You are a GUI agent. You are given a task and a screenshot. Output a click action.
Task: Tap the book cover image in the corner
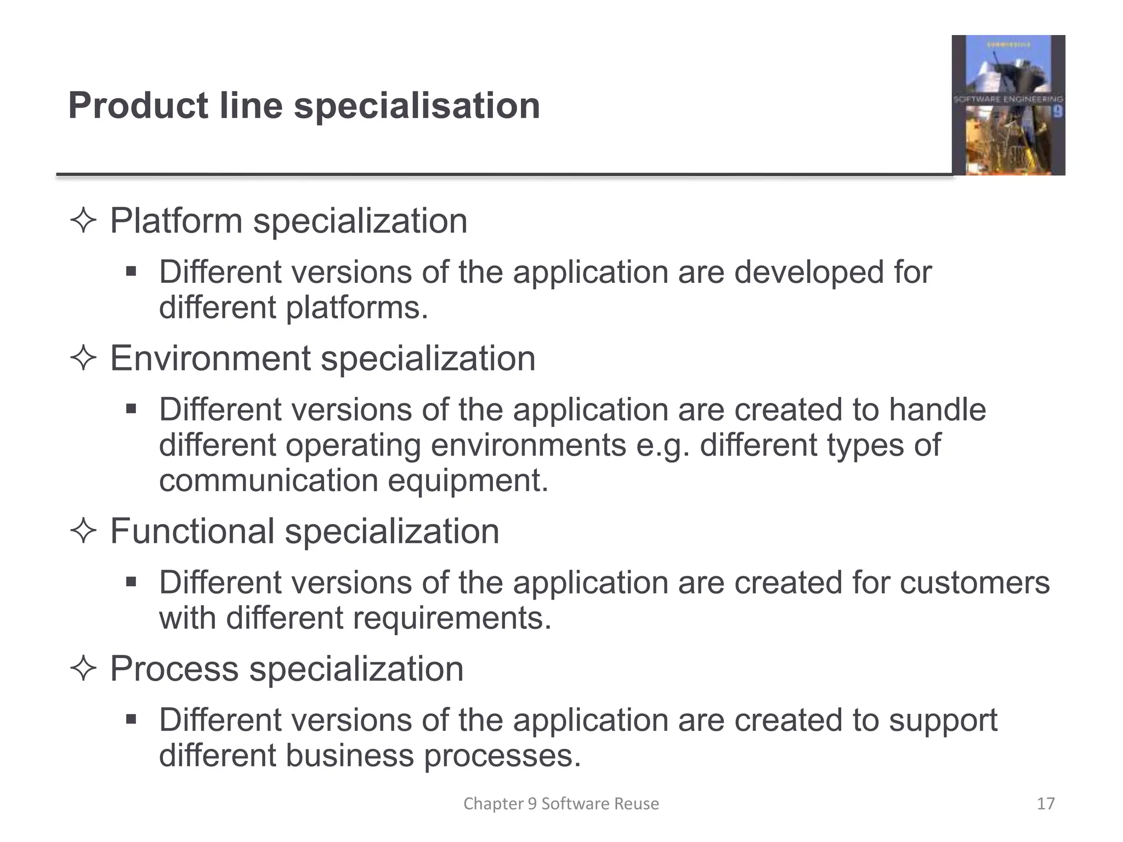1008,105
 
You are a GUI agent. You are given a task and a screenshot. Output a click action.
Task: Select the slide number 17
1046,804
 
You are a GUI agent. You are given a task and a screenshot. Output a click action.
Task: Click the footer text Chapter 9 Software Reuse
561,804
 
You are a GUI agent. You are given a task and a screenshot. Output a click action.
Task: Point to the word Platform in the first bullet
176,221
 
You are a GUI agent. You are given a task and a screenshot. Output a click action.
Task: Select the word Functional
192,531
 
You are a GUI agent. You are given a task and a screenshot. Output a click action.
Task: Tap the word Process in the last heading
174,669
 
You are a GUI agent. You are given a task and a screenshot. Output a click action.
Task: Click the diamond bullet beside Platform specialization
83,221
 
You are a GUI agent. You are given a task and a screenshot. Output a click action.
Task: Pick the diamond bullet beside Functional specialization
83,532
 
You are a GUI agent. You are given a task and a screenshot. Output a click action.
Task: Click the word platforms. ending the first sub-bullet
356,308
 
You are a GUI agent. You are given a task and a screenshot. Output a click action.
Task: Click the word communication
269,481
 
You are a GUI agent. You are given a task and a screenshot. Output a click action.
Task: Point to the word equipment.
468,481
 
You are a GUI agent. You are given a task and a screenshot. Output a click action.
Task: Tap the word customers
974,583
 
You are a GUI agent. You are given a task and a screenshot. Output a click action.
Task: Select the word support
943,720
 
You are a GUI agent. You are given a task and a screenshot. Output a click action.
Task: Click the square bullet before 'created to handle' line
131,409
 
